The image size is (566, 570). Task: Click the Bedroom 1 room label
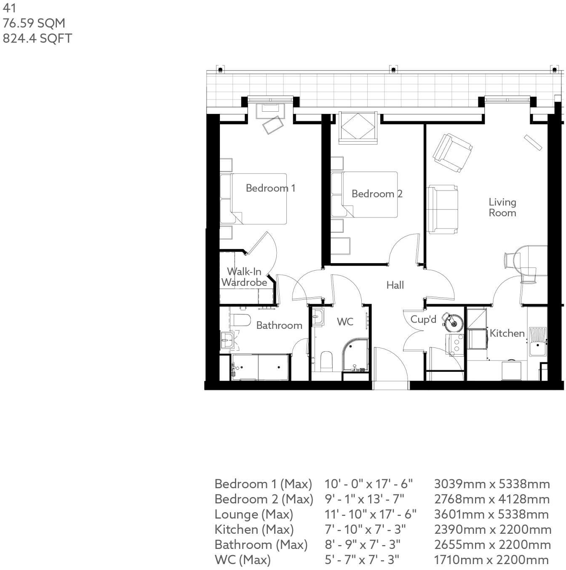coord(270,188)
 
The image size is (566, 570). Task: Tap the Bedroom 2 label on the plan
coord(377,194)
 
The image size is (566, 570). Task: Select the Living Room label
coord(502,207)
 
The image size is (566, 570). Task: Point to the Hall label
coord(395,285)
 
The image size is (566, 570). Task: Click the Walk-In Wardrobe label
coord(244,277)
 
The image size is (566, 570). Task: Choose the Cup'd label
coord(423,320)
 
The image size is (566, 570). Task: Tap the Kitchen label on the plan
coord(507,333)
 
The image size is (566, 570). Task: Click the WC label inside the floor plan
coord(345,322)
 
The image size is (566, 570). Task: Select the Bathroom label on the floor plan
coord(279,325)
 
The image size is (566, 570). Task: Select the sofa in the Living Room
coord(442,209)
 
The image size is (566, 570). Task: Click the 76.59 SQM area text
coord(34,23)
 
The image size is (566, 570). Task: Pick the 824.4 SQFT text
coord(37,38)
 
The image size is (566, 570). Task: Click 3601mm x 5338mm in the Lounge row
coord(491,514)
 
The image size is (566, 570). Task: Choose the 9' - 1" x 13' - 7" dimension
coord(364,499)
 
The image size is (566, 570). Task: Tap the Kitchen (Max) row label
coord(254,530)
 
